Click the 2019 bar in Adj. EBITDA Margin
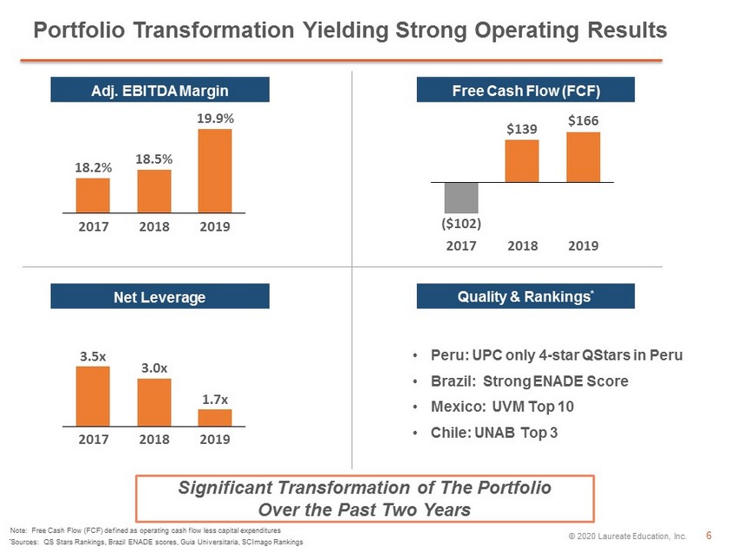[x=215, y=171]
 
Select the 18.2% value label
[x=94, y=167]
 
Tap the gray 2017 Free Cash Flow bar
[x=461, y=198]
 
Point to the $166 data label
[x=584, y=120]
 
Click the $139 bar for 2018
[x=522, y=160]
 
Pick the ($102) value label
[x=461, y=223]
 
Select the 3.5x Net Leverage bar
[x=93, y=396]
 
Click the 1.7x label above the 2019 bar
[x=215, y=400]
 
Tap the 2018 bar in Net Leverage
[x=154, y=403]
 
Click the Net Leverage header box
[x=160, y=296]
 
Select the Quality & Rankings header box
[x=525, y=296]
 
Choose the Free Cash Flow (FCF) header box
[x=525, y=90]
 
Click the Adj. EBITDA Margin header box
[x=160, y=90]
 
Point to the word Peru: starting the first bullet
[x=449, y=355]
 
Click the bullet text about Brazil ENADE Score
[x=529, y=381]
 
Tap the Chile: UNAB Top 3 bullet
[x=494, y=433]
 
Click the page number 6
[x=708, y=535]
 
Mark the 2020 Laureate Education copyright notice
[x=628, y=536]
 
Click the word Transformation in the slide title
[x=214, y=30]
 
